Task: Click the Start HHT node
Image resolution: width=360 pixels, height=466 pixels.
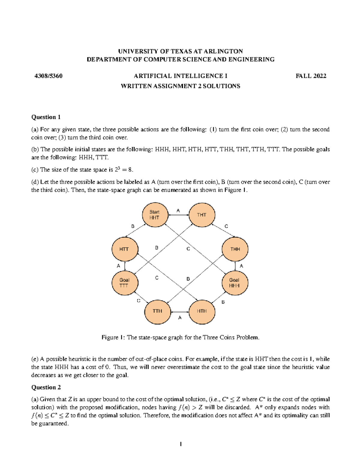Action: (x=155, y=215)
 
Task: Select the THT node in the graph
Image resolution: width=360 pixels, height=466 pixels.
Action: (x=202, y=215)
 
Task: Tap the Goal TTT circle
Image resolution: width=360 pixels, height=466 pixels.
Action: (x=124, y=283)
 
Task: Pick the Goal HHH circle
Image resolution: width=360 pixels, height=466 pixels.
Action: (x=235, y=283)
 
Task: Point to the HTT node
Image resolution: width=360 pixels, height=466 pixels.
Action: (x=124, y=249)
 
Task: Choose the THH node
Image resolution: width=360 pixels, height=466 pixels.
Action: (x=235, y=249)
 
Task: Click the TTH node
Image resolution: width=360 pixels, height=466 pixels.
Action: (x=157, y=311)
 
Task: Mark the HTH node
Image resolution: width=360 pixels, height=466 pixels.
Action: (x=202, y=311)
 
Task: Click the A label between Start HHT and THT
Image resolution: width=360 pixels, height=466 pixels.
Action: (x=178, y=211)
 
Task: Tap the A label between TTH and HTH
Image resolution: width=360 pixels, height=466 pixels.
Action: (x=180, y=317)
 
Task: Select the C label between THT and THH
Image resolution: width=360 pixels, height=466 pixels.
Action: (x=226, y=226)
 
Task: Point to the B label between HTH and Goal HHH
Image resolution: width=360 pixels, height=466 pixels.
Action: (x=223, y=302)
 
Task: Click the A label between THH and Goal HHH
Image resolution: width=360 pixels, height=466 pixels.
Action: (x=241, y=266)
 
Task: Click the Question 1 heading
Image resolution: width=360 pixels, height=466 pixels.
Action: (x=46, y=117)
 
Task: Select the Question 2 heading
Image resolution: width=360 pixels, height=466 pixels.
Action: (x=46, y=387)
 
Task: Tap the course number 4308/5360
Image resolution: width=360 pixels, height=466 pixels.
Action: (x=49, y=76)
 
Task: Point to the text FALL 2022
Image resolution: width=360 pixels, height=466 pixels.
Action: (x=311, y=76)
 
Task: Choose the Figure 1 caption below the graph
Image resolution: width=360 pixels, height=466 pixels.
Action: (x=180, y=338)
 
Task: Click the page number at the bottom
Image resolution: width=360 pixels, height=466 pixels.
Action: (x=181, y=444)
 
